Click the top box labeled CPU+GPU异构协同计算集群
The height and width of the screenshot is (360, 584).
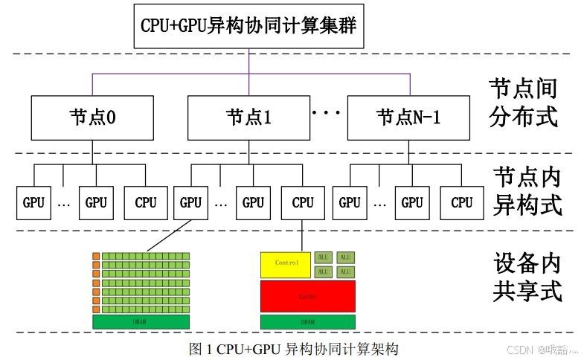[249, 25]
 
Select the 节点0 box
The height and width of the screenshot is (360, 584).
[92, 117]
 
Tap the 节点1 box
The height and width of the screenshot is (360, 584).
[248, 117]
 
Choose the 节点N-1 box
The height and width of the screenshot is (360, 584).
[408, 117]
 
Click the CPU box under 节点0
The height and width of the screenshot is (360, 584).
[146, 202]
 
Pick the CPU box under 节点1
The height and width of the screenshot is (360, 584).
[303, 202]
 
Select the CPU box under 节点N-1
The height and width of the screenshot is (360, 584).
[462, 202]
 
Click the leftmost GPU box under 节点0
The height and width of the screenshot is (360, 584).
[33, 202]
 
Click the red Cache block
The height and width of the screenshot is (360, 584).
[307, 296]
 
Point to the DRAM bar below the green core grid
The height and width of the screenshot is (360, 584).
[139, 321]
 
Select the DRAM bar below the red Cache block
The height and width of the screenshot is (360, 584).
[307, 321]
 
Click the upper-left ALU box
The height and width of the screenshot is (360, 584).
[323, 257]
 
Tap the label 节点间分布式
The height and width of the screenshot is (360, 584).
[523, 103]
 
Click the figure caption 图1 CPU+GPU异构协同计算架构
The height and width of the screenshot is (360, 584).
[295, 348]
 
